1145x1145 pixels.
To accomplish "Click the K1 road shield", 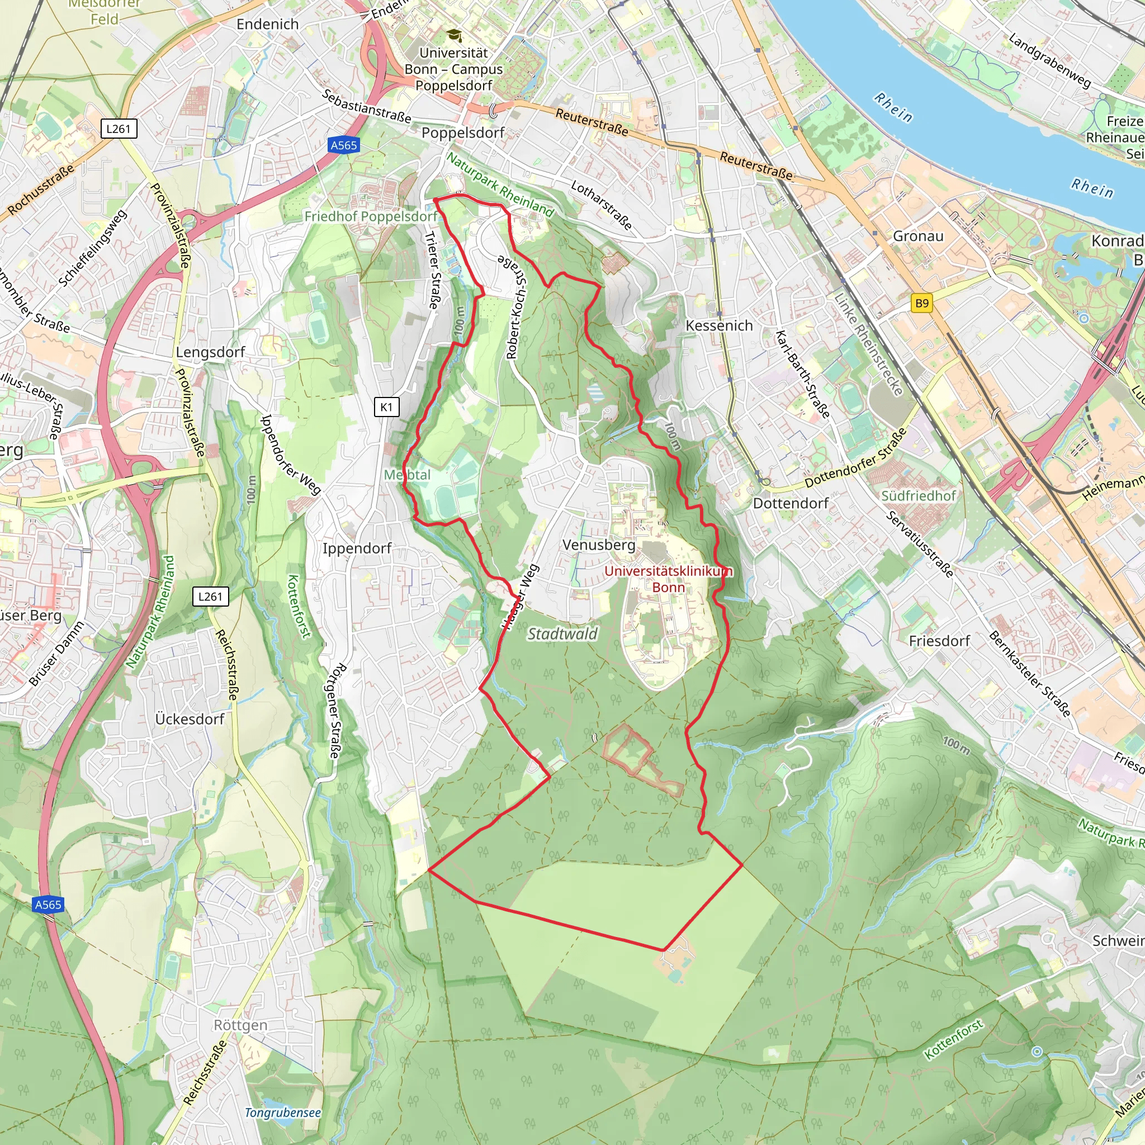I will (x=386, y=407).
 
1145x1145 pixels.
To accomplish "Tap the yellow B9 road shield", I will (x=921, y=304).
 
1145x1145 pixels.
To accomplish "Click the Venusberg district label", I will (x=599, y=545).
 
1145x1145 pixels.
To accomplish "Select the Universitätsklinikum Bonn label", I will (x=669, y=579).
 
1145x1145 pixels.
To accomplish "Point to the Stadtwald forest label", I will (x=562, y=634).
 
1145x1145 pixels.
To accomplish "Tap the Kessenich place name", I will (x=719, y=325).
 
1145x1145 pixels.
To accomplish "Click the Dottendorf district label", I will (x=791, y=503).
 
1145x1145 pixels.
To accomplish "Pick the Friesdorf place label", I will (x=939, y=641).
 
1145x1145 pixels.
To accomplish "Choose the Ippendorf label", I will (x=357, y=548).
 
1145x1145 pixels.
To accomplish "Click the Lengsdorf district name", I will (x=210, y=352).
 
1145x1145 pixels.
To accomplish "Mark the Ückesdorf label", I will (x=190, y=719).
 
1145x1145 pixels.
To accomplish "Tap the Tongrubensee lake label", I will (x=283, y=1113).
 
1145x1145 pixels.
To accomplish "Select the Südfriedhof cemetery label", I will (x=919, y=495).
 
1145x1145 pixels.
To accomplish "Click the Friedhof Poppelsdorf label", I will (x=371, y=216).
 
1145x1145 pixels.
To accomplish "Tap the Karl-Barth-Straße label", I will (x=802, y=374).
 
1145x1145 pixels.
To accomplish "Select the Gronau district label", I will (x=918, y=236).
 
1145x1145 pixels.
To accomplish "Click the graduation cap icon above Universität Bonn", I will (x=453, y=35).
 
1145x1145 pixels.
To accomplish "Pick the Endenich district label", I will (x=267, y=24).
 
